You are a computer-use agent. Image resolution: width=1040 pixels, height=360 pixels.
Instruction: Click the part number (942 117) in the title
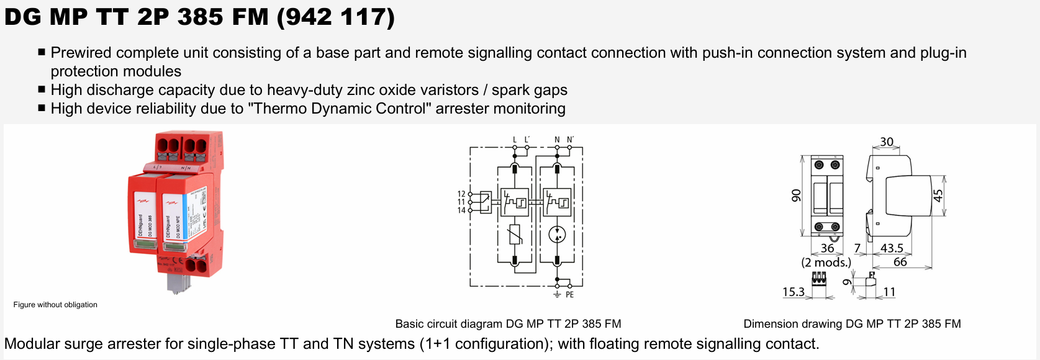click(x=335, y=17)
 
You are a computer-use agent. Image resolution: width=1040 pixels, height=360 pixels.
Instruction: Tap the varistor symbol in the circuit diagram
click(x=515, y=235)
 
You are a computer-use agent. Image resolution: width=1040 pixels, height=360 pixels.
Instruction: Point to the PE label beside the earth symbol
click(x=569, y=295)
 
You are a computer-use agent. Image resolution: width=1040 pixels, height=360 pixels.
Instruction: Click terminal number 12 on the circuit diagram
click(x=461, y=194)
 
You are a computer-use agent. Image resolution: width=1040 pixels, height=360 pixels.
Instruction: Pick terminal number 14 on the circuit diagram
click(x=461, y=210)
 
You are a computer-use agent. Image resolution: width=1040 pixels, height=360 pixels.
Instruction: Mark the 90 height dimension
click(x=796, y=196)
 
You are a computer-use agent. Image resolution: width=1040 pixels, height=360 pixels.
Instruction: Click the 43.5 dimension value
click(x=892, y=248)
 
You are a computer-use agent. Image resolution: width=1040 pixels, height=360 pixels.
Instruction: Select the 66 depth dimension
click(x=900, y=262)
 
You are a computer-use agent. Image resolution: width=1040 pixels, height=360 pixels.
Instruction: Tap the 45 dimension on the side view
click(x=938, y=195)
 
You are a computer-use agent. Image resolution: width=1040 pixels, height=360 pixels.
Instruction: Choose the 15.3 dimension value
click(x=793, y=292)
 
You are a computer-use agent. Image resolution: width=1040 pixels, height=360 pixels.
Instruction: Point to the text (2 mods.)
click(x=826, y=263)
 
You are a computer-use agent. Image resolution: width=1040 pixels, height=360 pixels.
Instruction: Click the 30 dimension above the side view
click(x=887, y=142)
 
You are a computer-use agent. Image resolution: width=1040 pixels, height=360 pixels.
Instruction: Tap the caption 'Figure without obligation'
click(x=55, y=305)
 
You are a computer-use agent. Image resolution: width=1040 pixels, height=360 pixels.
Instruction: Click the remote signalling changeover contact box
click(x=484, y=202)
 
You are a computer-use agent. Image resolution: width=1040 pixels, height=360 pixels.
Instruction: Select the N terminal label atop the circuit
click(x=557, y=140)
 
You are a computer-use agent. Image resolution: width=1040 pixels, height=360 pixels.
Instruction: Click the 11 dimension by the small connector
click(x=889, y=292)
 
